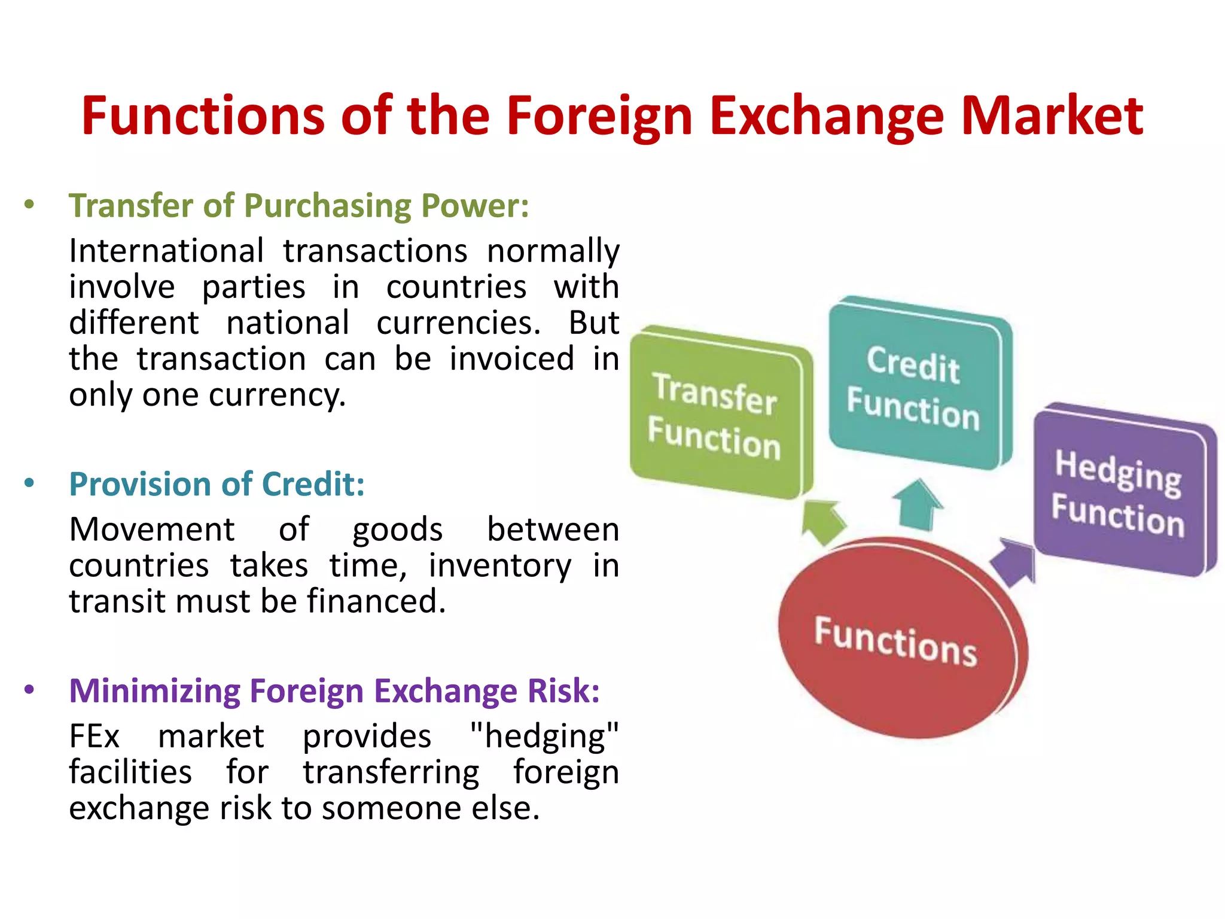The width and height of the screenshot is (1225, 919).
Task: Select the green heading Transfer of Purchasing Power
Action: (x=298, y=206)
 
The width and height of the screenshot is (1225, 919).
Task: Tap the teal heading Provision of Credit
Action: (x=217, y=484)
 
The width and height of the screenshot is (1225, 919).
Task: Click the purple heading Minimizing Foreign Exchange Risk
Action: (x=334, y=691)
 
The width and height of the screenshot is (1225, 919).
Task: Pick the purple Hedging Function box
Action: (x=1119, y=491)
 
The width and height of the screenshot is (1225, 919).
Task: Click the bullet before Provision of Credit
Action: (x=29, y=483)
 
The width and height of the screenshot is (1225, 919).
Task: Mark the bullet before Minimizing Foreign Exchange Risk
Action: (x=29, y=690)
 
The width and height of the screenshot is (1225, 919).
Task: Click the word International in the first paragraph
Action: (x=166, y=251)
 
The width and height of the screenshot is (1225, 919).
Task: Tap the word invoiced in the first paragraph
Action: (x=511, y=359)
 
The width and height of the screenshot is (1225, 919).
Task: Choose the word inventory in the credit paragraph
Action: (x=499, y=566)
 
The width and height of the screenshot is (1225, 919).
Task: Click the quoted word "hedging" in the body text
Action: (x=544, y=737)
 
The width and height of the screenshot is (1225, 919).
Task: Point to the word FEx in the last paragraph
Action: (x=95, y=737)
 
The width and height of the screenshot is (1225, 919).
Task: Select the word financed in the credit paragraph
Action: (x=376, y=601)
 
